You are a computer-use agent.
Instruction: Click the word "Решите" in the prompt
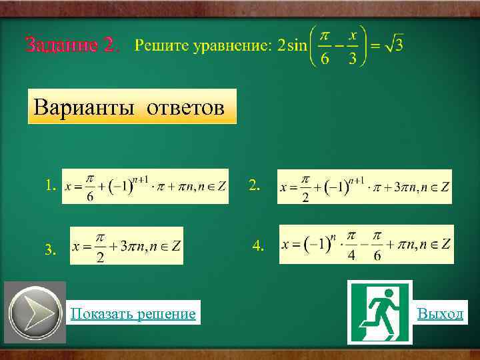coord(162,45)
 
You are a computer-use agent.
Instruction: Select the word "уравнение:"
coord(233,45)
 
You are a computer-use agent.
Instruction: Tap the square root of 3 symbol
coord(394,45)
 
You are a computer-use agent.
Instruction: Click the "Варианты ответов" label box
coord(132,107)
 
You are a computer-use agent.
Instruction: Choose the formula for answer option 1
coord(145,186)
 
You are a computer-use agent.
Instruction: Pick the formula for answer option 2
coord(364,187)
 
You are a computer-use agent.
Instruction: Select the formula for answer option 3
coord(127,246)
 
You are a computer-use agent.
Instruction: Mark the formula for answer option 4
coord(366,244)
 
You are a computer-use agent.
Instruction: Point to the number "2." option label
coord(254,185)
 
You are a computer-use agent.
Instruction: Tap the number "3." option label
coord(50,250)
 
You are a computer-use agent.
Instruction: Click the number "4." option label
coord(259,246)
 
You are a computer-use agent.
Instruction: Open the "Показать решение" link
coord(133,313)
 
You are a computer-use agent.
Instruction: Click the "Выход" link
coord(440,313)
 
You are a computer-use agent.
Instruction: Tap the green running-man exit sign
coord(379,312)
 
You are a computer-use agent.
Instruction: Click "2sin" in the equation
coord(291,45)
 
